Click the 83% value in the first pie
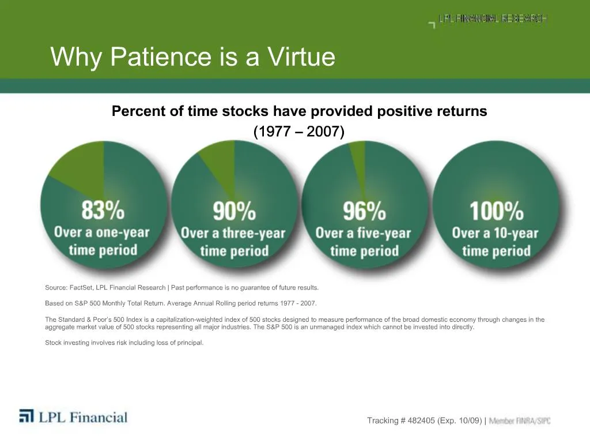point(103,211)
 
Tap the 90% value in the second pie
point(234,212)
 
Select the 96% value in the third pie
point(364,211)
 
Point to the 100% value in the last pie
point(496,211)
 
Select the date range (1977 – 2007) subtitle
point(299,132)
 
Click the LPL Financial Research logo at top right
point(490,20)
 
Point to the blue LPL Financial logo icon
point(27,416)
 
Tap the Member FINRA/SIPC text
point(520,421)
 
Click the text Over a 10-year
point(495,234)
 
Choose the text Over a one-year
point(102,232)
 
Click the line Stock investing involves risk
point(124,343)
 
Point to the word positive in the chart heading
point(342,111)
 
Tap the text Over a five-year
point(364,234)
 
